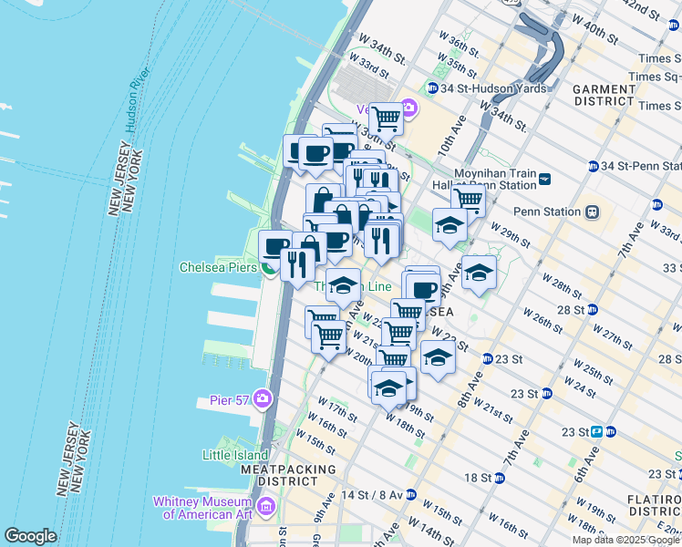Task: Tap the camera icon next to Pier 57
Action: [x=263, y=399]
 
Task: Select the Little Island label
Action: [x=234, y=454]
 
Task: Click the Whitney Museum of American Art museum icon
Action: [x=266, y=506]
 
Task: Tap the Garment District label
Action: [x=604, y=95]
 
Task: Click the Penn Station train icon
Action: [x=592, y=212]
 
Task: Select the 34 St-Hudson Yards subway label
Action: [x=492, y=88]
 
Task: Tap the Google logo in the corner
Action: [x=30, y=536]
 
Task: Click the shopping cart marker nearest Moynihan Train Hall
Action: [x=469, y=198]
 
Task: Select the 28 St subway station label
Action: [x=571, y=310]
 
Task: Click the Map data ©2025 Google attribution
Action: [x=626, y=540]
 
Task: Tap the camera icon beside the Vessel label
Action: [x=408, y=109]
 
